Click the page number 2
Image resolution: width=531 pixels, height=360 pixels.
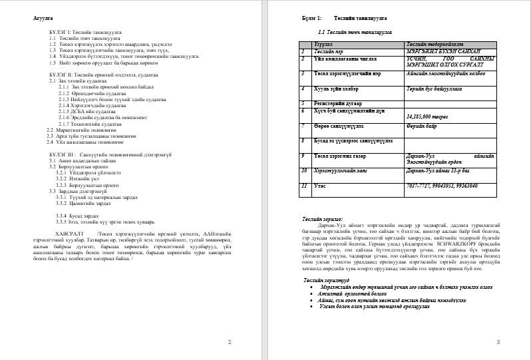point(230,342)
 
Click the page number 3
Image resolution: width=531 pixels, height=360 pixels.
point(498,342)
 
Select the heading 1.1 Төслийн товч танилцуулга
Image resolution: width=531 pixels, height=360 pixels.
point(354,31)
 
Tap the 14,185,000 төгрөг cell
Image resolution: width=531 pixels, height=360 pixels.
point(429,116)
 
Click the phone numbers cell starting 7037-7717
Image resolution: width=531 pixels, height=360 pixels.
point(441,186)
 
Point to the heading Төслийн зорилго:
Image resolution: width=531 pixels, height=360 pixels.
point(323,218)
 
